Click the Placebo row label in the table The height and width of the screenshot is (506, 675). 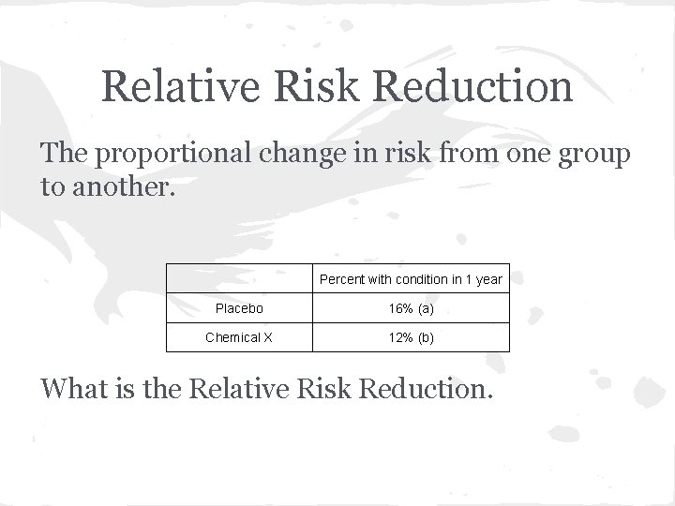239,307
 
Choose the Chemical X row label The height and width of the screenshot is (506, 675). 239,337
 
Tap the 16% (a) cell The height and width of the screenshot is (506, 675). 411,307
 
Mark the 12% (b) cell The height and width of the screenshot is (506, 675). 411,337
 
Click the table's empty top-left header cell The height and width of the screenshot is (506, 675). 239,278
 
